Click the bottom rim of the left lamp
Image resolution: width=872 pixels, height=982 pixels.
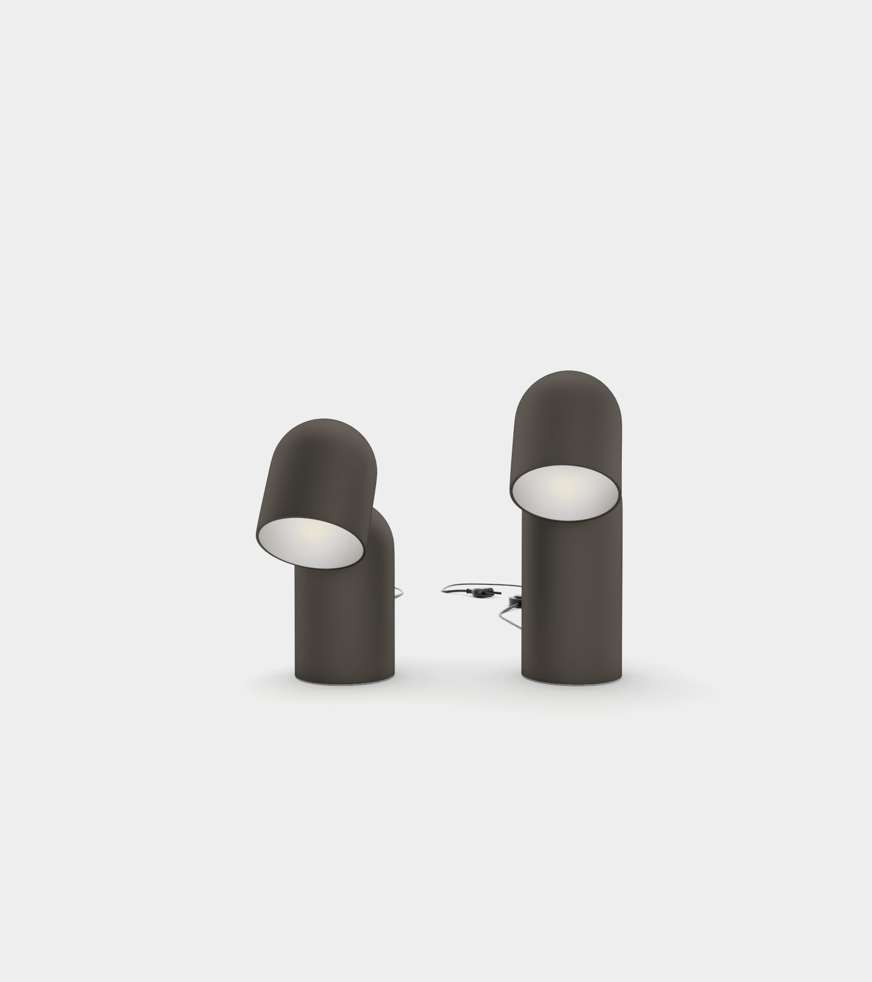(x=343, y=681)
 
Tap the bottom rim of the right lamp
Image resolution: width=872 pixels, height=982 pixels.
(x=570, y=681)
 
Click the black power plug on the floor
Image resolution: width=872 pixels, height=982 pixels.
(x=482, y=592)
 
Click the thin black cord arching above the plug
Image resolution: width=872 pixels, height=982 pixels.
(x=480, y=584)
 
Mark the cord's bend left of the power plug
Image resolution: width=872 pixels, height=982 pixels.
(x=443, y=590)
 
